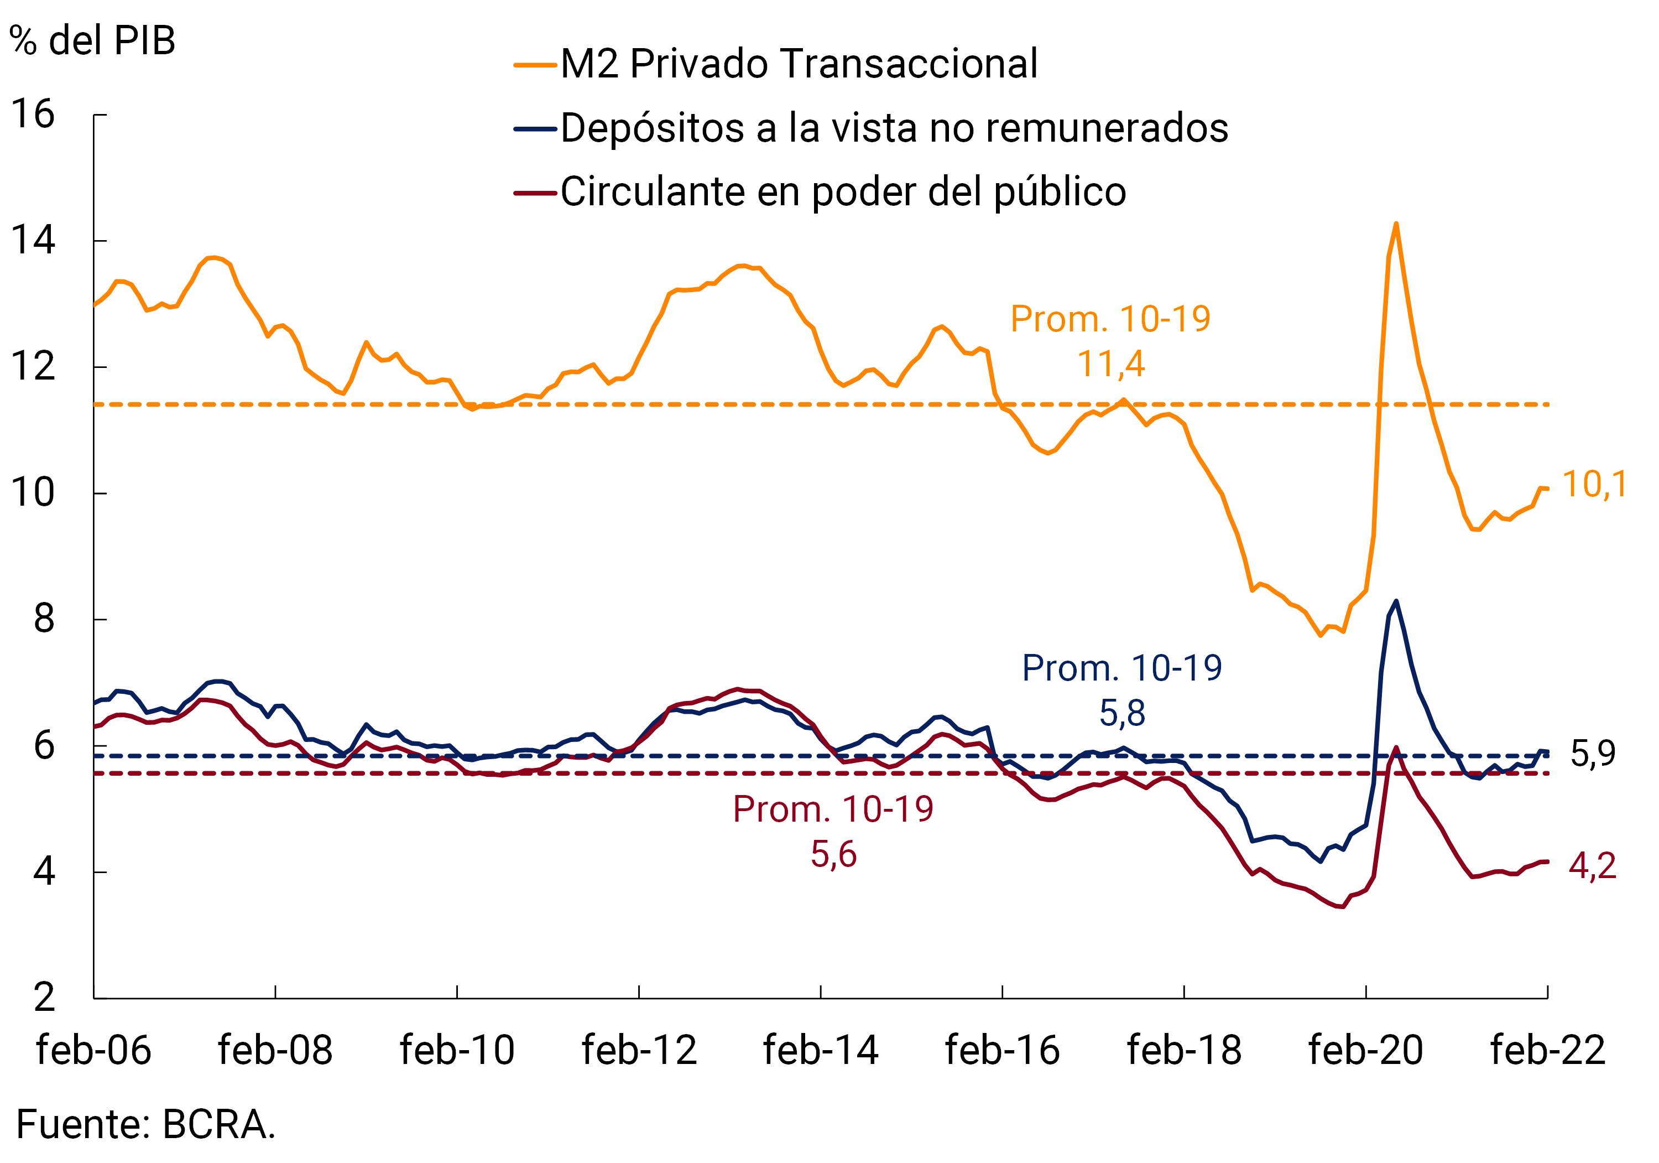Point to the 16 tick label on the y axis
click(x=33, y=114)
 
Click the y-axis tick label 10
click(x=33, y=493)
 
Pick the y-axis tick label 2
click(x=44, y=998)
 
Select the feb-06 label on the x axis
click(x=94, y=1050)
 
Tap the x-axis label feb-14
click(x=821, y=1050)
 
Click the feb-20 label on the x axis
click(x=1366, y=1050)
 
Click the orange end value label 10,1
click(x=1594, y=484)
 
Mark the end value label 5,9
click(x=1593, y=754)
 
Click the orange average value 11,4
click(x=1110, y=364)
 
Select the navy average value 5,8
click(x=1122, y=713)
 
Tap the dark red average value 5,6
click(x=833, y=854)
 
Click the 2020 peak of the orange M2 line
click(x=1396, y=224)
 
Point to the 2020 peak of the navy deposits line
click(x=1396, y=601)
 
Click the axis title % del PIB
click(x=92, y=40)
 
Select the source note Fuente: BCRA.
click(x=146, y=1125)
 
